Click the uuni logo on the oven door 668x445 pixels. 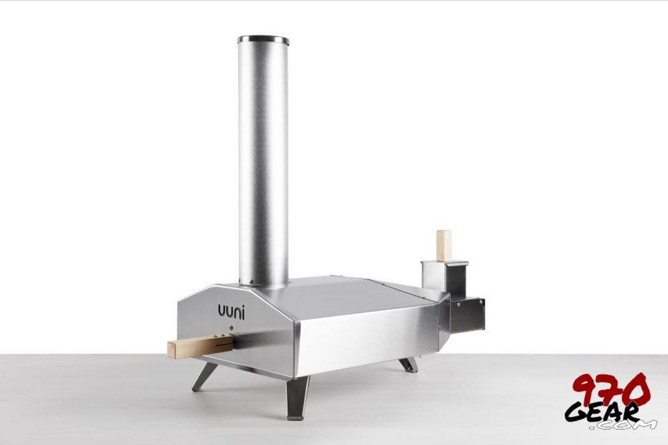pyautogui.click(x=232, y=311)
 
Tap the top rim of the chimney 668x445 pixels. pyautogui.click(x=263, y=40)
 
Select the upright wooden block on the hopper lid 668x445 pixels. pyautogui.click(x=444, y=245)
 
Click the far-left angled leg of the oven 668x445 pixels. pyautogui.click(x=204, y=376)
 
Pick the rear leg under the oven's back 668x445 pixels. pyautogui.click(x=409, y=364)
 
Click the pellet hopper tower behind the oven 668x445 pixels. pyautogui.click(x=445, y=278)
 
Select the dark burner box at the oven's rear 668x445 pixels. pyautogui.click(x=467, y=315)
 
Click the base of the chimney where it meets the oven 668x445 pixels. pyautogui.click(x=263, y=281)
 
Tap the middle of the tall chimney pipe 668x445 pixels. pyautogui.click(x=263, y=163)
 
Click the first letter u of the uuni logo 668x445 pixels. pyautogui.click(x=222, y=311)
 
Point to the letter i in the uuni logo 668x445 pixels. pyautogui.click(x=244, y=310)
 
